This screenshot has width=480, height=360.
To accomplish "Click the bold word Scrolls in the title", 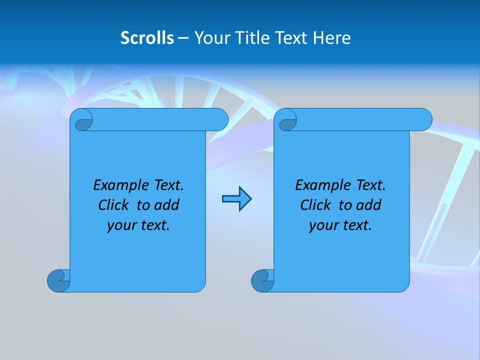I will point(147,38).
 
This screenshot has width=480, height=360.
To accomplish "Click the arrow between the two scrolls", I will point(236,199).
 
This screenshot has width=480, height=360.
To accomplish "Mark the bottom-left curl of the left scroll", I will point(58,280).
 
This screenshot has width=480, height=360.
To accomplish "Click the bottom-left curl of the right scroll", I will point(262,280).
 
